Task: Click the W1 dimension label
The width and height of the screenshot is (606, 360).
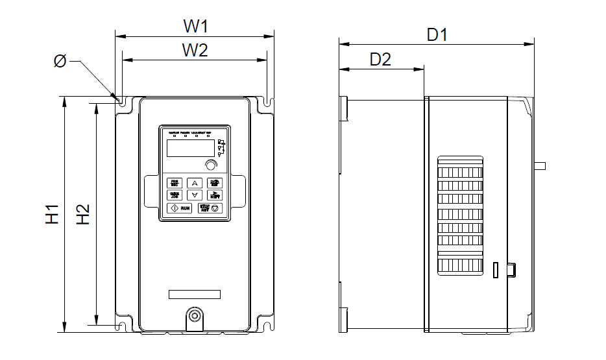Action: (x=195, y=27)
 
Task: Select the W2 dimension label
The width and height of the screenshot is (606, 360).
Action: (x=195, y=50)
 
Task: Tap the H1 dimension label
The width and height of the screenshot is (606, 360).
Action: (x=53, y=215)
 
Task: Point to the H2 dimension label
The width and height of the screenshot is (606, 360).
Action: (x=82, y=215)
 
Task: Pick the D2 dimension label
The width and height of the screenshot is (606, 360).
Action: (x=380, y=59)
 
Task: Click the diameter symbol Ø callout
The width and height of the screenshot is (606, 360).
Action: (x=60, y=62)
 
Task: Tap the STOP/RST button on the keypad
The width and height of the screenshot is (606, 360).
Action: (x=211, y=208)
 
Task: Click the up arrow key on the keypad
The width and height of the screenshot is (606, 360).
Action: (x=195, y=183)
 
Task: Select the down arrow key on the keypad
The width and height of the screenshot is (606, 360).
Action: (x=195, y=195)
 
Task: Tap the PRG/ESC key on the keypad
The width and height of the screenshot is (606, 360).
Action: (x=175, y=183)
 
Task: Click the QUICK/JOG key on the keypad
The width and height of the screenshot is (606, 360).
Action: (x=175, y=195)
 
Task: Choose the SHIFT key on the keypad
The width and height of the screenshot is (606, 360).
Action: (x=215, y=195)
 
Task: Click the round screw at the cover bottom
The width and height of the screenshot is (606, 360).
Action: (x=194, y=315)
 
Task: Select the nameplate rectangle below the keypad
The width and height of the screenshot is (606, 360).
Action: (x=195, y=294)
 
